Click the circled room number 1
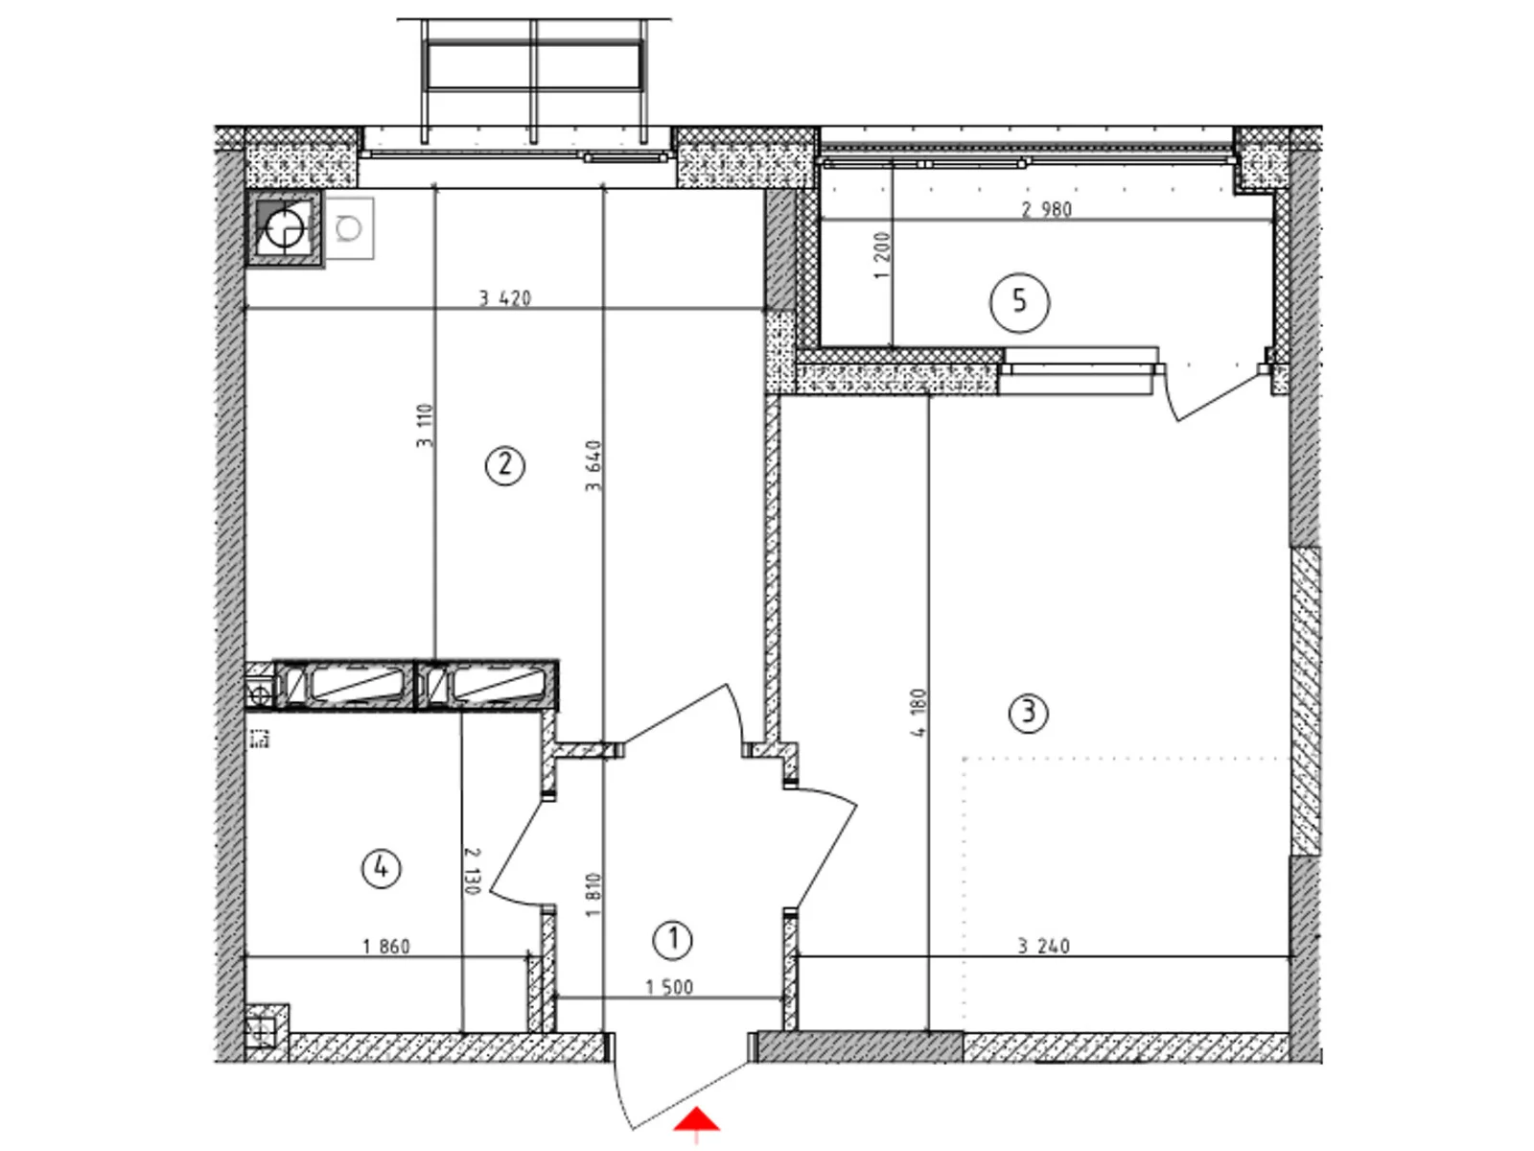point(672,940)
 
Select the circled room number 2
point(505,466)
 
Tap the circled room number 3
point(1029,713)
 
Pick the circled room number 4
point(381,869)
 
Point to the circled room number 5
point(1019,302)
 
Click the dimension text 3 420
point(505,298)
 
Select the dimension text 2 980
point(1046,209)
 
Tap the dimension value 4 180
point(918,712)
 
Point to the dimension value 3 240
point(1043,946)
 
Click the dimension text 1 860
point(386,947)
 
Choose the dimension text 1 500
point(669,987)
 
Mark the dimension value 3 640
point(594,465)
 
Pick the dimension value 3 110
point(426,425)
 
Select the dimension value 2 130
point(472,870)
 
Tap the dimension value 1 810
point(593,894)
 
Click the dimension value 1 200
point(883,255)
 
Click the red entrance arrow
point(697,1121)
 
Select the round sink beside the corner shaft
point(349,228)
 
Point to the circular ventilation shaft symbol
point(285,228)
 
